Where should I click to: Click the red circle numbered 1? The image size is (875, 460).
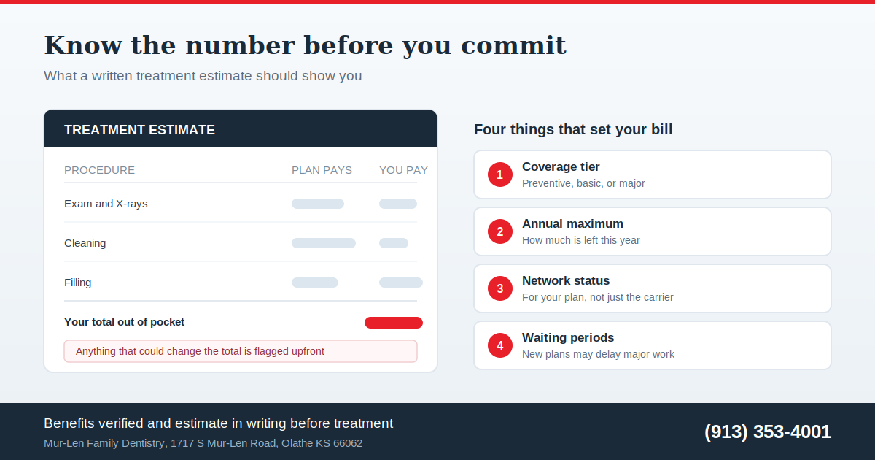pos(500,175)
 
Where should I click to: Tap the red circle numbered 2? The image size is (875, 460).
pos(500,231)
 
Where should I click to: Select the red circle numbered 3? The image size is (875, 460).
pos(500,288)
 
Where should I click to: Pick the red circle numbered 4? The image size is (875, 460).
pos(500,345)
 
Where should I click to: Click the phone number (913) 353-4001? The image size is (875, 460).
pos(768,432)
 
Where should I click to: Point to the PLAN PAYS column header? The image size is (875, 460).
pos(322,170)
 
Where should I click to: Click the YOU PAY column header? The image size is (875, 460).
pos(403,170)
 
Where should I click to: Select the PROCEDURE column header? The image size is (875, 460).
pos(99,170)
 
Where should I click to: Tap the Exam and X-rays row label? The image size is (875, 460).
pos(106,204)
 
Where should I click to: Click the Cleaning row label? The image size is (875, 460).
pos(85,243)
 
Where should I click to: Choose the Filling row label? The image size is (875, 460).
pos(78,283)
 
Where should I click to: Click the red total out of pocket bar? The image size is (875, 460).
pos(394,323)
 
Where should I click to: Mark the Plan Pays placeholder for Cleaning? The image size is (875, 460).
pos(324,243)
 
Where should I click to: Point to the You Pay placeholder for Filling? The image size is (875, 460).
pos(401,283)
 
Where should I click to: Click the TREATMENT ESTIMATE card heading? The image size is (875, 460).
pos(139,130)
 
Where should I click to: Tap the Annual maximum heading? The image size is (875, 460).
pos(572,223)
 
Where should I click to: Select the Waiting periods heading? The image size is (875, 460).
pos(568,337)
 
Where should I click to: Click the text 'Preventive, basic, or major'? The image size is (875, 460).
pos(583,183)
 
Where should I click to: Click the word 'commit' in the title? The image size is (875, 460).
pos(513,45)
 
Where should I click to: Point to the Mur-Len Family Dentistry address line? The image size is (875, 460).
pos(203,443)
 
